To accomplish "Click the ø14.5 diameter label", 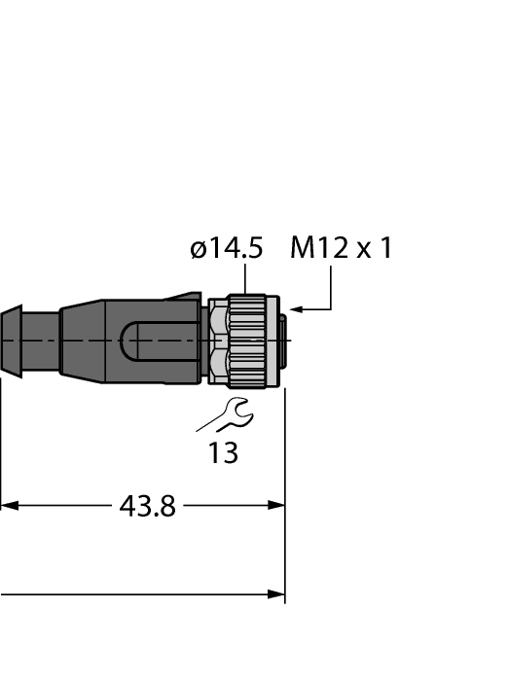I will click(226, 249).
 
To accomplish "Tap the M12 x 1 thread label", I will click(341, 249).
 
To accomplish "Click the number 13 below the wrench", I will click(223, 453).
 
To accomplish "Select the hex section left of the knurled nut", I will click(218, 342).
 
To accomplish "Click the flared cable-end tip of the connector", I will click(11, 340).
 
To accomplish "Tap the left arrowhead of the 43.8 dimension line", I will click(8, 506).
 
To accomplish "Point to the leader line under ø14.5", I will click(244, 279).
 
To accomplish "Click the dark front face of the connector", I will click(281, 341).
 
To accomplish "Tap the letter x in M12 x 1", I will click(363, 251).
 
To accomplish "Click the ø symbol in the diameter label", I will click(198, 250).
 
